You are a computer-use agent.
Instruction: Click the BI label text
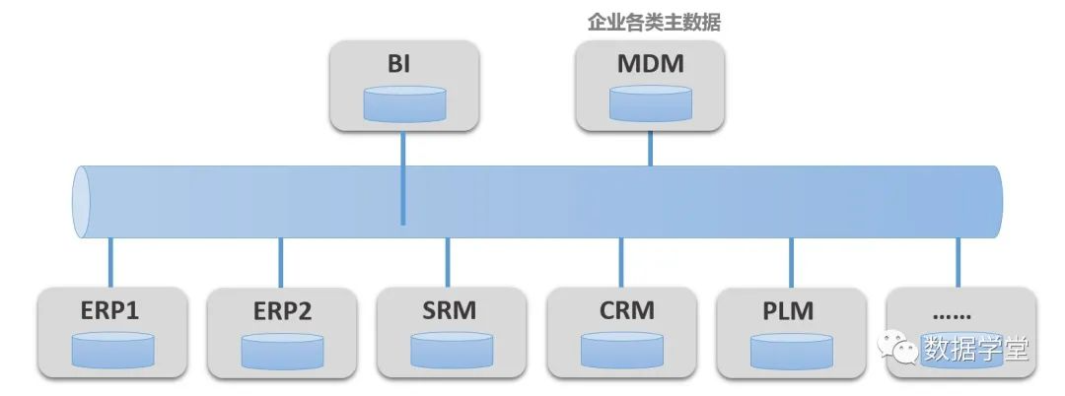(x=402, y=66)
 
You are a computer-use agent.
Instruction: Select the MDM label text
(x=650, y=65)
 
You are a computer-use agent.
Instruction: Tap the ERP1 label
(x=110, y=311)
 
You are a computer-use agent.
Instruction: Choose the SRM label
(x=448, y=311)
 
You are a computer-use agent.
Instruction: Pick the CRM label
(x=621, y=311)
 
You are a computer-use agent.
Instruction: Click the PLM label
(x=790, y=311)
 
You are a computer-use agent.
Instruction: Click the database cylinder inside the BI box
(x=403, y=103)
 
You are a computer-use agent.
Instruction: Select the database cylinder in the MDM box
(x=649, y=103)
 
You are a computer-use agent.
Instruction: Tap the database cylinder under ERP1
(x=112, y=350)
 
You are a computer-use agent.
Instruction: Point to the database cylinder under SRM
(x=451, y=350)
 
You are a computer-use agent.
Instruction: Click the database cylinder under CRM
(x=621, y=350)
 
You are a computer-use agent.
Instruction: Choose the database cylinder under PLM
(x=791, y=350)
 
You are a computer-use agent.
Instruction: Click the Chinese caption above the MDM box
(x=653, y=23)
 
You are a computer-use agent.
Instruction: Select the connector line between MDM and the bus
(x=650, y=148)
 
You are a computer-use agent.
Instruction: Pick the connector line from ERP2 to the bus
(x=281, y=263)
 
